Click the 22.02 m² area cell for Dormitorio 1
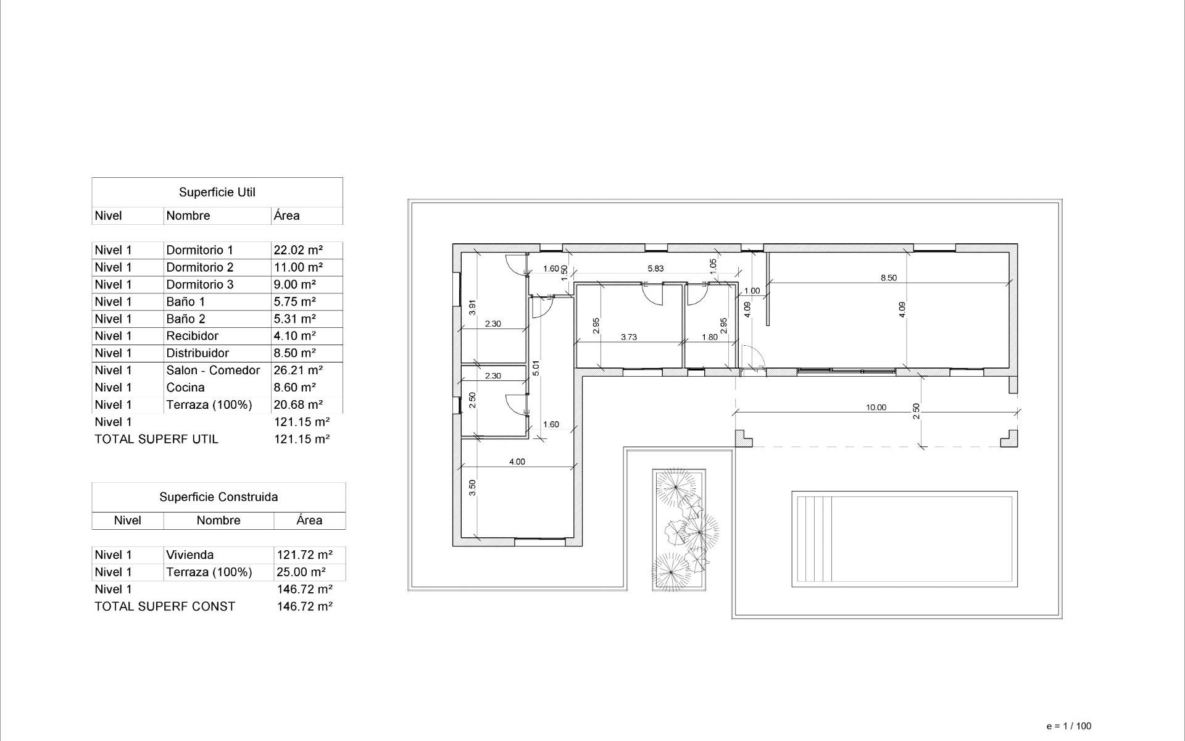[298, 250]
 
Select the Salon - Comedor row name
[213, 371]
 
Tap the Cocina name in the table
[185, 388]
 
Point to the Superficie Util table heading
[217, 192]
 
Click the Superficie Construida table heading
[218, 497]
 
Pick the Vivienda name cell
[189, 555]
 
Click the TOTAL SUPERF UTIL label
[156, 440]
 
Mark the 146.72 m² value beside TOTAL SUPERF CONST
[304, 606]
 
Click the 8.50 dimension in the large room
[888, 278]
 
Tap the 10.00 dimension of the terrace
[875, 408]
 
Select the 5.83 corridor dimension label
[655, 269]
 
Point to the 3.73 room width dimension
[628, 337]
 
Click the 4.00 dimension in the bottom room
[517, 462]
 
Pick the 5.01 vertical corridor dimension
[536, 368]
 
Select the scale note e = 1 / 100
[1068, 726]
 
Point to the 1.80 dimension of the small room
[710, 337]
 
